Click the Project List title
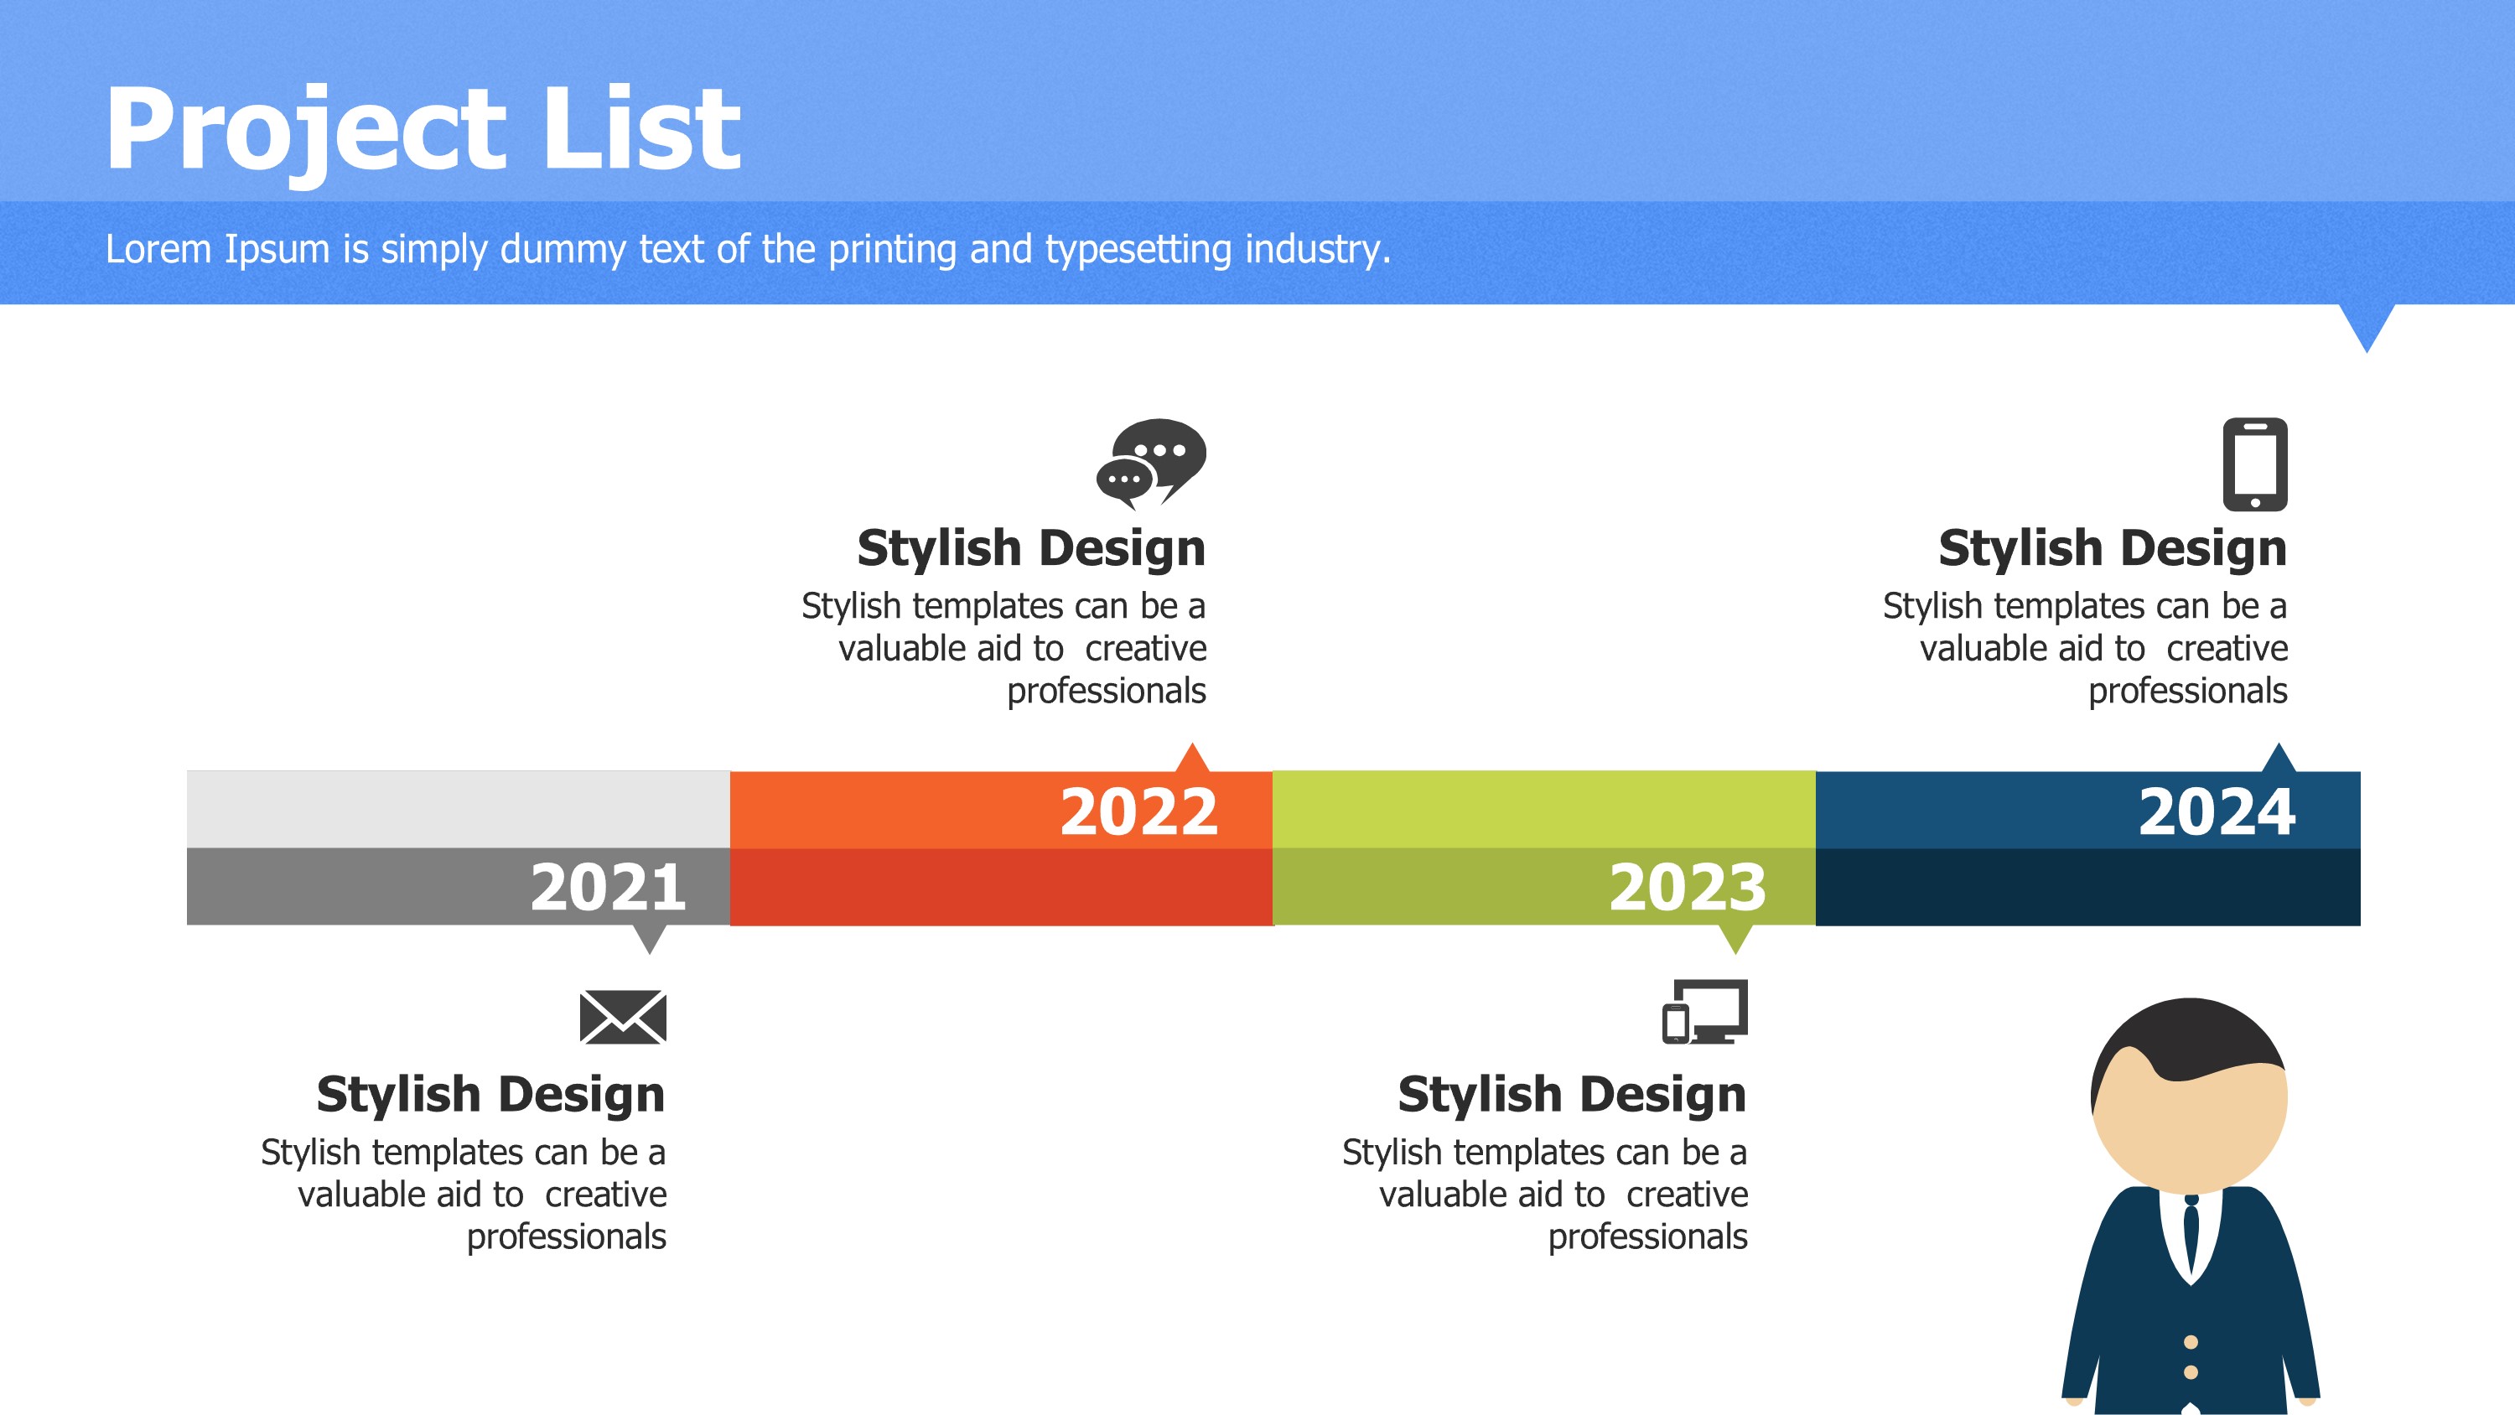(x=423, y=129)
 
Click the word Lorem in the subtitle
(x=158, y=249)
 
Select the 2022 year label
(x=1138, y=811)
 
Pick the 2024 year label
(x=2217, y=811)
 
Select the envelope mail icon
(x=623, y=1017)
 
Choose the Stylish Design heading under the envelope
(x=490, y=1095)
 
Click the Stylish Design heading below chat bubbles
(x=1031, y=549)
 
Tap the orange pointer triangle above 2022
(x=1192, y=759)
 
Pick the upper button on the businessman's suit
(x=2191, y=1343)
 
